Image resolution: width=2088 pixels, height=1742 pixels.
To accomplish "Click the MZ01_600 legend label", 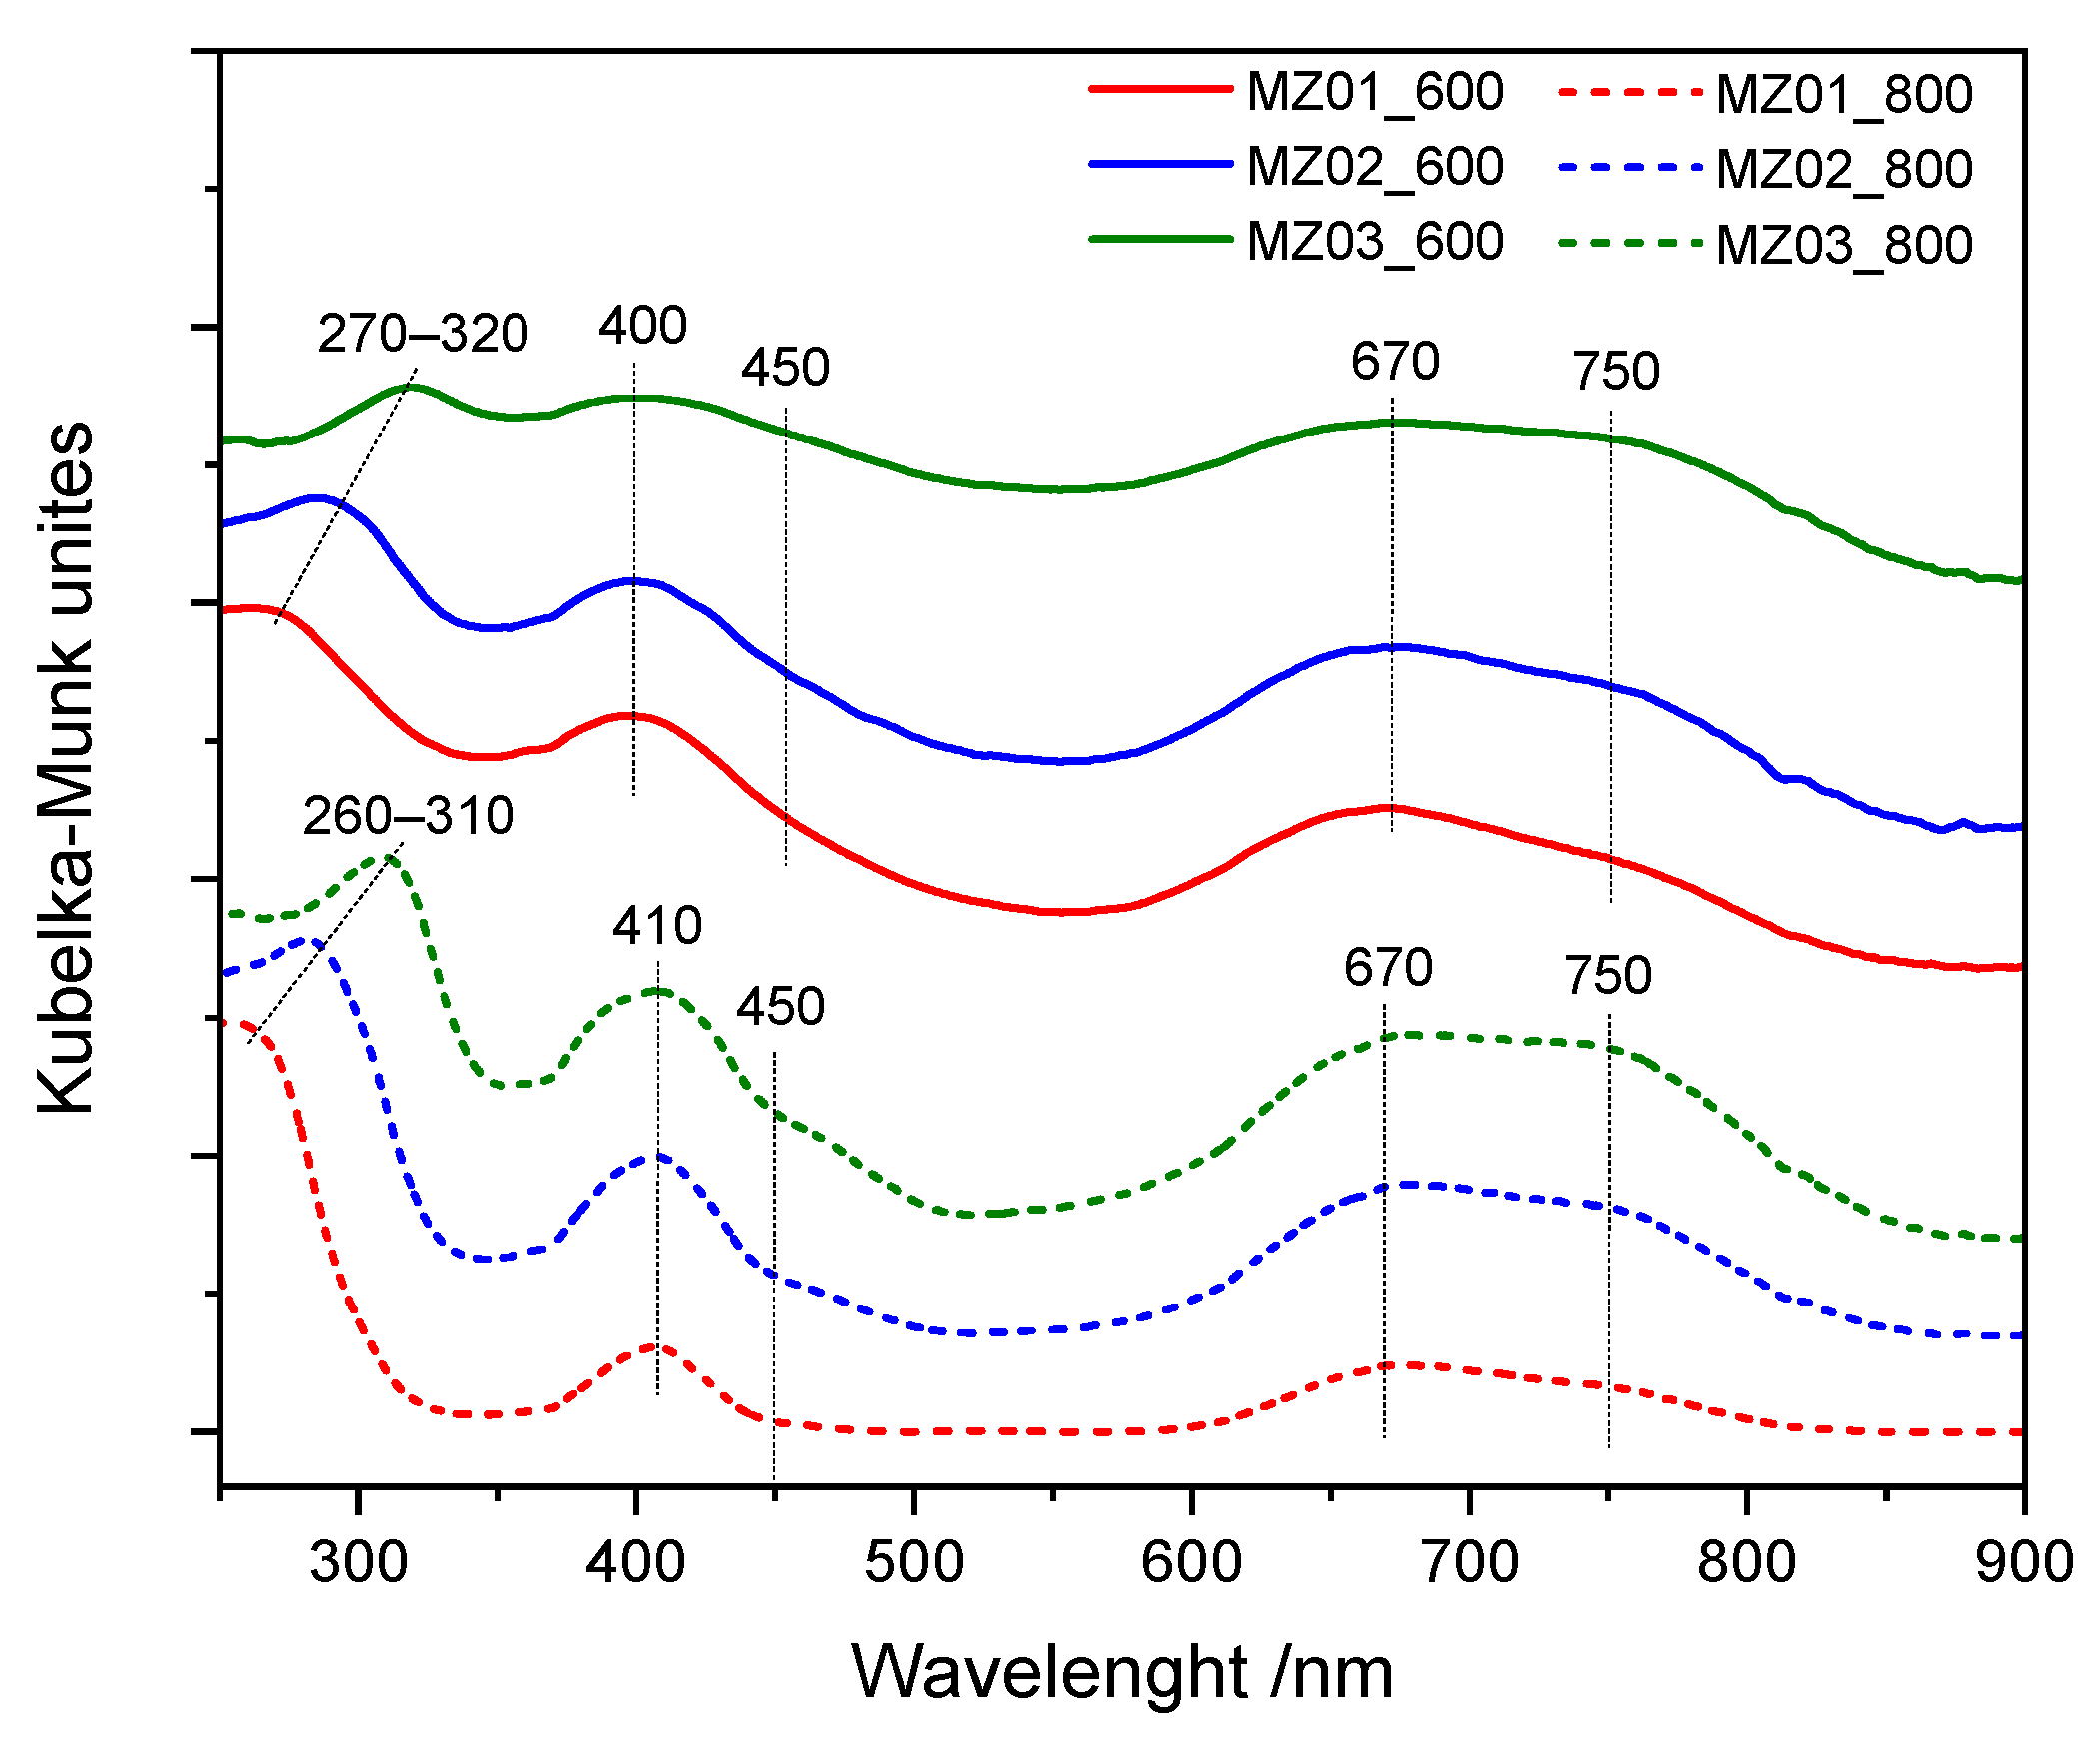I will pos(1375,93).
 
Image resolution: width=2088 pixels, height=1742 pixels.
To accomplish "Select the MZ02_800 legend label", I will pos(1844,169).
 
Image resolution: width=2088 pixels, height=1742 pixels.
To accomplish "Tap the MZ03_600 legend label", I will pos(1375,243).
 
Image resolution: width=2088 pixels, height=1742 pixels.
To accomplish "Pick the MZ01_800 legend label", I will pos(1844,95).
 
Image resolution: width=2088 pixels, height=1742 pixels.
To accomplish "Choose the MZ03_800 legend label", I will pos(1844,246).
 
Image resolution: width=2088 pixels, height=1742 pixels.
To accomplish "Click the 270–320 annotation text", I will pos(423,334).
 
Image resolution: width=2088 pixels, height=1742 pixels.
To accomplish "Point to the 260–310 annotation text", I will pos(408,816).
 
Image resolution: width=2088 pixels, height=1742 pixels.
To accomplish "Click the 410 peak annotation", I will pos(657,926).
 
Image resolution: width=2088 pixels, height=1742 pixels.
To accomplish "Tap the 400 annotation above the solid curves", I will pos(642,326).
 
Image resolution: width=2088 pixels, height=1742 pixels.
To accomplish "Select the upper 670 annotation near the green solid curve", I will pos(1395,362).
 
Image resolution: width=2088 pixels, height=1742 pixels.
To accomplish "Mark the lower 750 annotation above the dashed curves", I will pos(1608,975).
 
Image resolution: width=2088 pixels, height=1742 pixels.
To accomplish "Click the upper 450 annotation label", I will pos(785,368).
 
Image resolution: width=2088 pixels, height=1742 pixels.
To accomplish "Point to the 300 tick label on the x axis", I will pos(358,1562).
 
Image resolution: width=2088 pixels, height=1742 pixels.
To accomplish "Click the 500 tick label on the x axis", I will pos(914,1562).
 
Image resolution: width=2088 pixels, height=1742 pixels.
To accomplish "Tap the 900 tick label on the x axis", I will pos(2024,1562).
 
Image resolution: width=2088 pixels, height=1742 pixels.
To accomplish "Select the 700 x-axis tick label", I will pos(1470,1562).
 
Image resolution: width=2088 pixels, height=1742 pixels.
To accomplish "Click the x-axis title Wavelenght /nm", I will pos(1122,1672).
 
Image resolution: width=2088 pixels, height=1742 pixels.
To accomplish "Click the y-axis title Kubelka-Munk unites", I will pos(65,767).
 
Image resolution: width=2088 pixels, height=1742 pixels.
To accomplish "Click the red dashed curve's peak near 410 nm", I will pos(655,1346).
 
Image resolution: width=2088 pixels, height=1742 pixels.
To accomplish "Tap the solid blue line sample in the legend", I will pos(1160,165).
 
